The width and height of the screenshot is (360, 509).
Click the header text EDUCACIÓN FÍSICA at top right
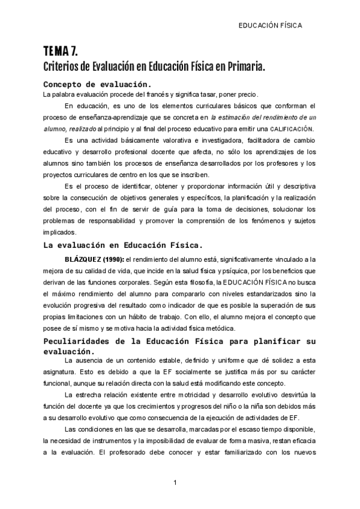(x=270, y=26)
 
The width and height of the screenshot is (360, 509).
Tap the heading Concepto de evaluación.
(x=97, y=84)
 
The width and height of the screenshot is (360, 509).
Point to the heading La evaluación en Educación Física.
(x=124, y=244)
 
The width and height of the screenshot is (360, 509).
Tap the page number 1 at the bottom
(x=175, y=483)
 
